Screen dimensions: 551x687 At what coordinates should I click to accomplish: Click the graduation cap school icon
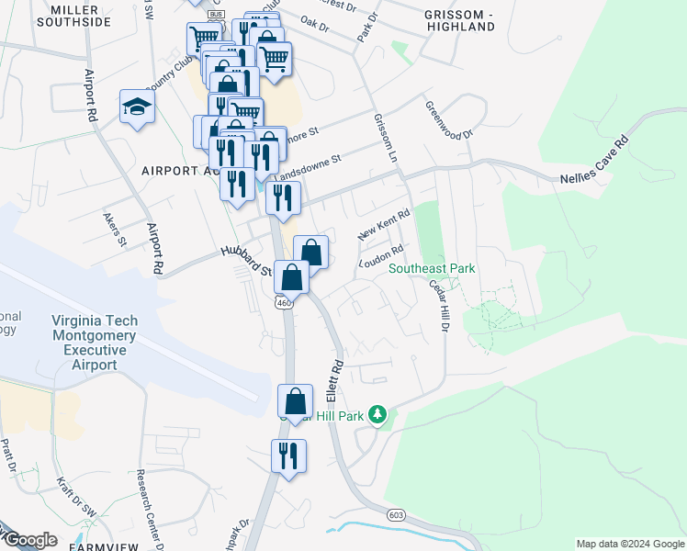[137, 107]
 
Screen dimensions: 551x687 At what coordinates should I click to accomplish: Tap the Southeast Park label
[432, 268]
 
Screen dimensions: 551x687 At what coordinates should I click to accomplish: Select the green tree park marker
[377, 415]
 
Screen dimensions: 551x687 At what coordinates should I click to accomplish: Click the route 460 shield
[284, 303]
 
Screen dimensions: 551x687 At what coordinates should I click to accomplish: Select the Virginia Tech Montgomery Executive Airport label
[95, 343]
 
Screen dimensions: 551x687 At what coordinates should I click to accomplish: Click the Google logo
[29, 540]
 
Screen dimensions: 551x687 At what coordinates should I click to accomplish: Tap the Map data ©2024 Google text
[629, 544]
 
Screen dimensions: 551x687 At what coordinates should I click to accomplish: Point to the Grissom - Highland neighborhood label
[460, 20]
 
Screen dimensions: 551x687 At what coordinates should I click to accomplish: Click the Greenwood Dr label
[449, 119]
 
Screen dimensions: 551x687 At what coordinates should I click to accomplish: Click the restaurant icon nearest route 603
[288, 456]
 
